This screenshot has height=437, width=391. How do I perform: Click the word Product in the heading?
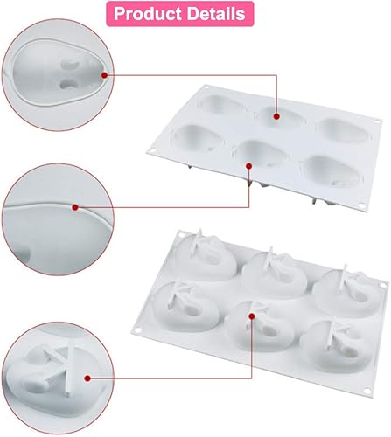tap(148, 14)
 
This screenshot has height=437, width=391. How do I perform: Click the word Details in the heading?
tap(216, 13)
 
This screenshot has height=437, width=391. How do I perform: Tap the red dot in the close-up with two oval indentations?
tap(105, 75)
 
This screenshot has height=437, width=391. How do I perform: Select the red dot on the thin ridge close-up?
tap(75, 207)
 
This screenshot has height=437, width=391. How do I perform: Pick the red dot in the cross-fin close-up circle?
tap(87, 378)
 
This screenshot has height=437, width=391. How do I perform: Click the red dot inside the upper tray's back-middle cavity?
tap(276, 116)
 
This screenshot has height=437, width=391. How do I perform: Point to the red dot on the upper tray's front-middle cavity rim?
tap(248, 166)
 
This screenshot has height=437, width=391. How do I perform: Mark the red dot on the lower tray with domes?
tap(252, 316)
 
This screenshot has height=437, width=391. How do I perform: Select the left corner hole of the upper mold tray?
tap(152, 151)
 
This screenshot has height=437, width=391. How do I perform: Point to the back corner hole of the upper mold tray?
tap(207, 87)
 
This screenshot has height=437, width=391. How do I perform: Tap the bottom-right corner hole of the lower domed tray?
tap(367, 391)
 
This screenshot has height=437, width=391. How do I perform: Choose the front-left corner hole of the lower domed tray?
tap(137, 330)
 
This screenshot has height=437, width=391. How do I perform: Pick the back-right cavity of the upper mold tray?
tap(343, 130)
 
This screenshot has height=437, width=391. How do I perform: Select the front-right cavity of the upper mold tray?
tap(332, 171)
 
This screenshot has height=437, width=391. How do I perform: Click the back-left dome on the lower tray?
tap(206, 255)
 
